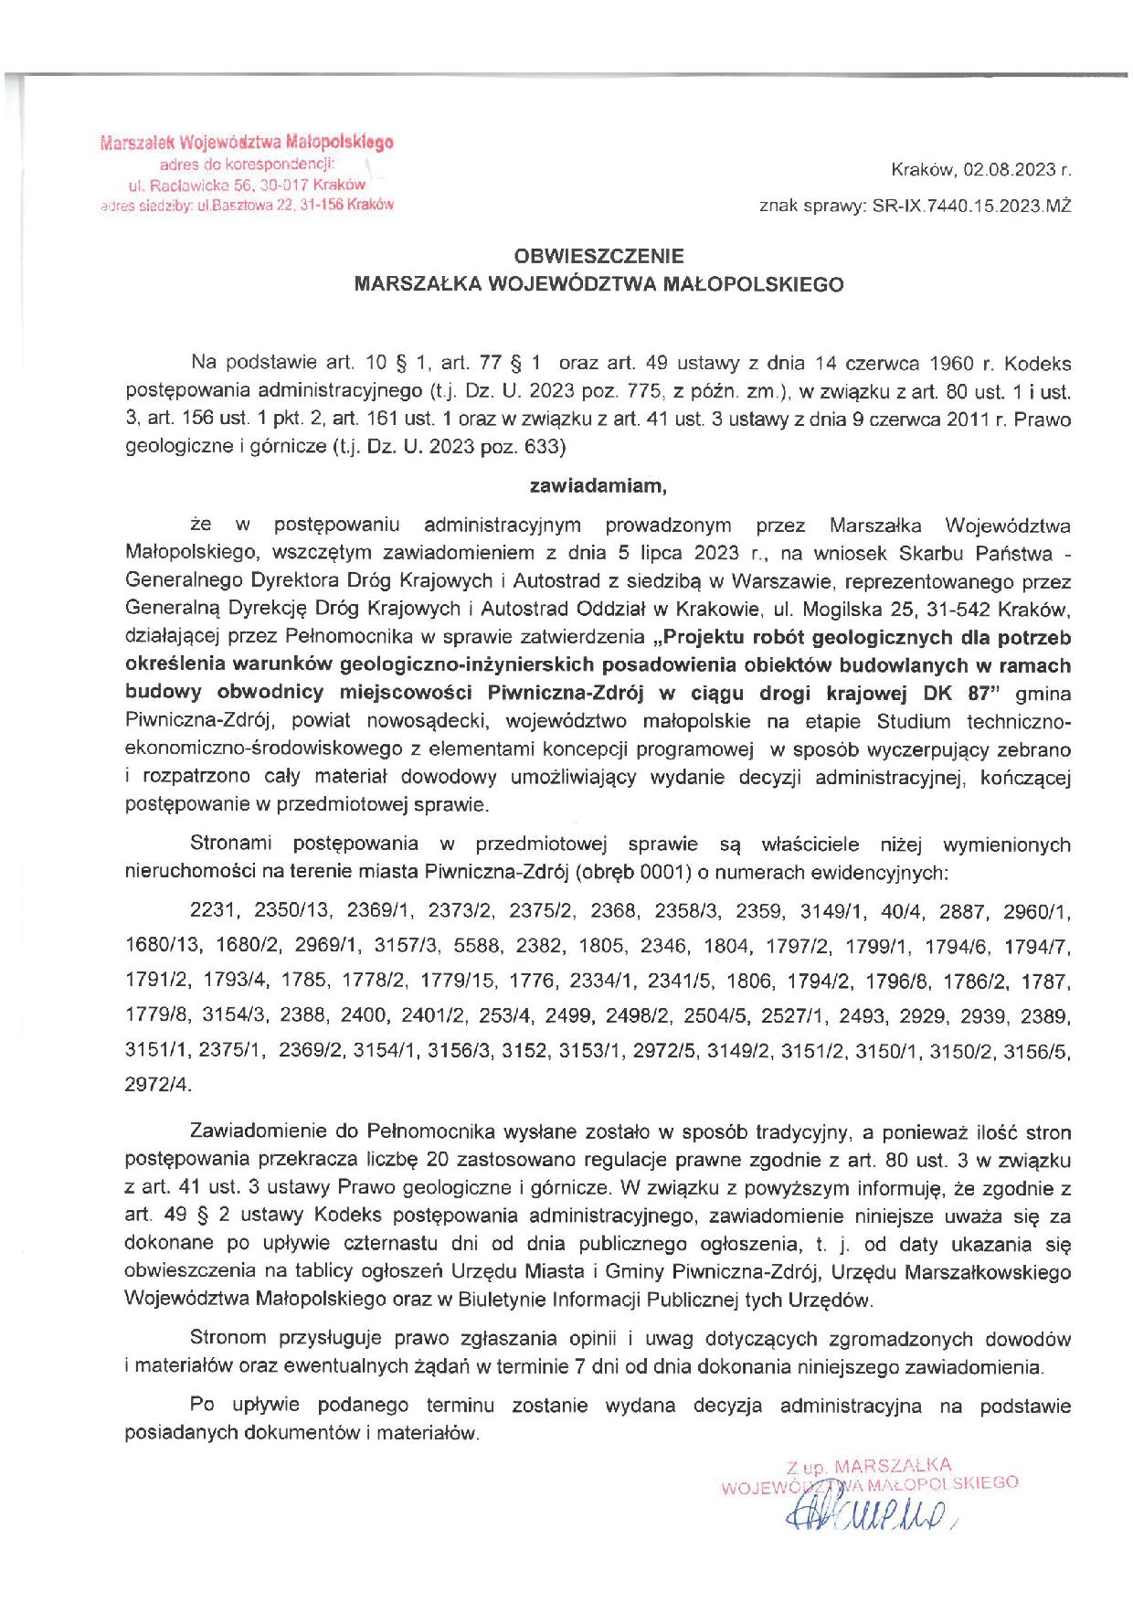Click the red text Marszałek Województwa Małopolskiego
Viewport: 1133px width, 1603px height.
[x=247, y=143]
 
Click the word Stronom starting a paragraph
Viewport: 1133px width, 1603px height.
[x=228, y=1339]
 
